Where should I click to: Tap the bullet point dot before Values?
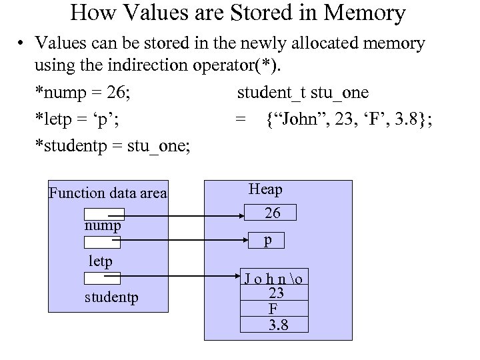click(x=23, y=44)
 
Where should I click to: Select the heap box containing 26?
click(x=272, y=213)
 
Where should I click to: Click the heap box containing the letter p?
click(x=267, y=240)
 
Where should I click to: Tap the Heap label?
click(x=265, y=189)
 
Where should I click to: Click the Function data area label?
click(x=108, y=193)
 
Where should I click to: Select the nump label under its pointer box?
click(x=102, y=227)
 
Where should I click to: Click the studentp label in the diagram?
click(x=112, y=295)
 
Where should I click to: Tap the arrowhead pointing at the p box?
click(x=245, y=238)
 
